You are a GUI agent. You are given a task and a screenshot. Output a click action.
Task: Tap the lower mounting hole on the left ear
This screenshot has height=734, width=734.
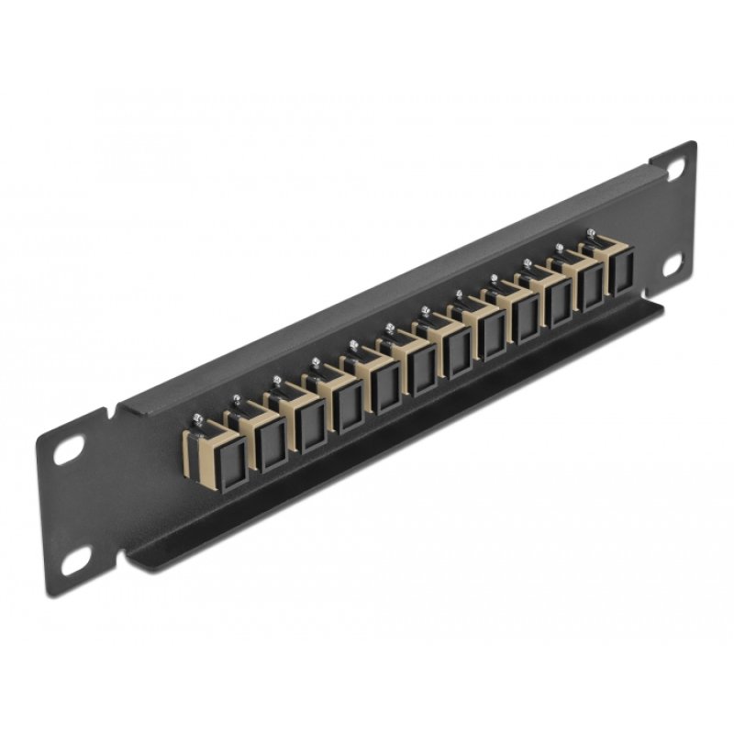click(x=75, y=556)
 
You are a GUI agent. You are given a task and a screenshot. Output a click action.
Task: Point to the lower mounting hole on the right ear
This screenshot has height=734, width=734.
click(x=676, y=263)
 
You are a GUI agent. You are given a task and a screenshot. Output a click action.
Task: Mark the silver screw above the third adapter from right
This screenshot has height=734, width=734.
click(x=528, y=264)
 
